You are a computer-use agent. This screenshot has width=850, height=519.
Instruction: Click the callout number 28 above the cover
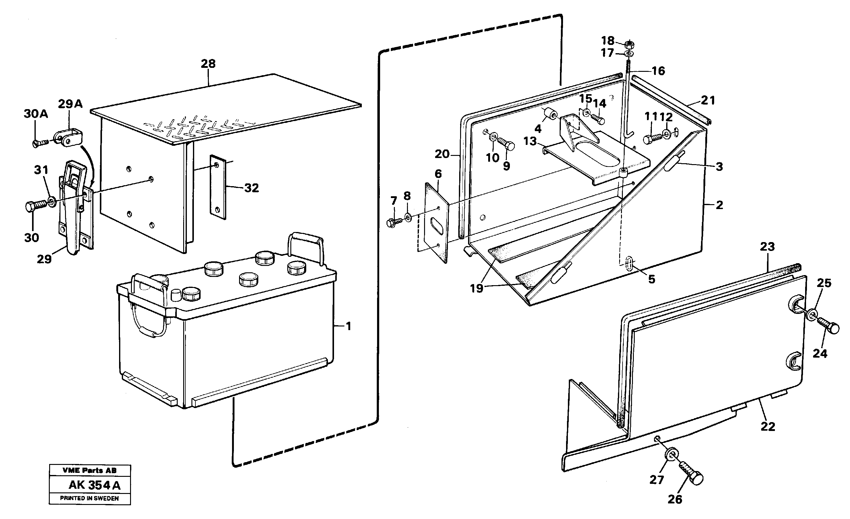[x=208, y=64]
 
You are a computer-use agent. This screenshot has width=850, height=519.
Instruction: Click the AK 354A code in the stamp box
[x=95, y=485]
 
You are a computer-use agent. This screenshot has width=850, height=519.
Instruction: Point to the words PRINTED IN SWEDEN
[x=89, y=498]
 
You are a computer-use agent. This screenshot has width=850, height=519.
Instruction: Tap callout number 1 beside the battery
[x=348, y=326]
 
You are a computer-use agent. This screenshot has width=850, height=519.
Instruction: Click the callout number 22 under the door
[x=768, y=426]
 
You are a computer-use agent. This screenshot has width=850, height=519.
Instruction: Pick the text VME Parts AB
[x=89, y=470]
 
